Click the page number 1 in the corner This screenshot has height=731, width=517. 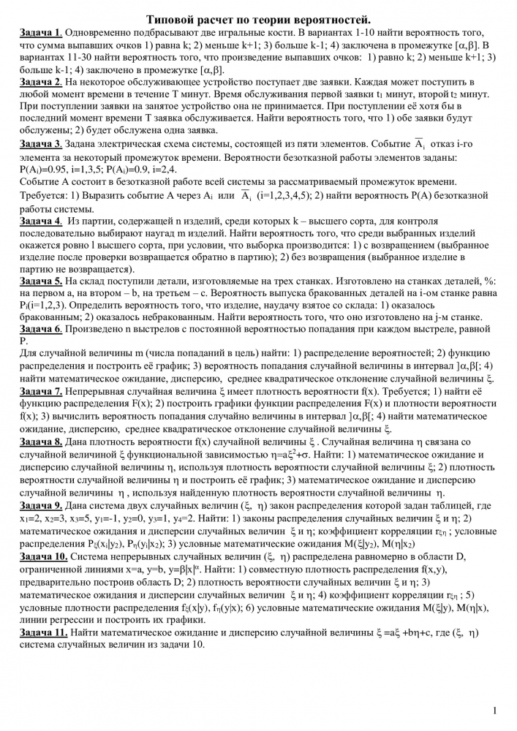pyautogui.click(x=495, y=710)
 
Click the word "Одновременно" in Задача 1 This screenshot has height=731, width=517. pyautogui.click(x=102, y=34)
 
